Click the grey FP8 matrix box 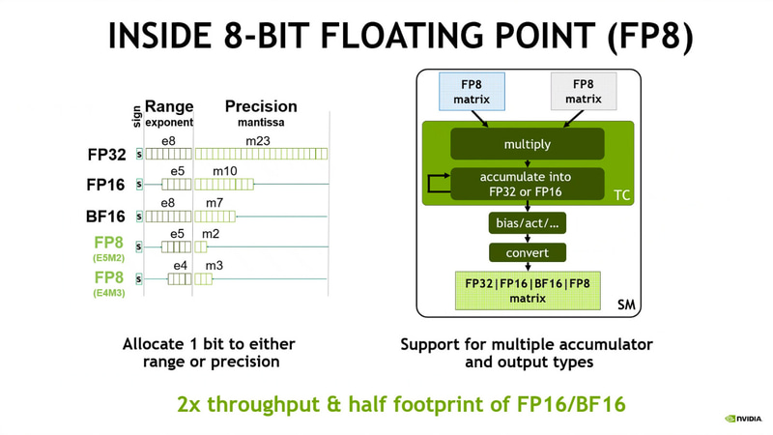(584, 91)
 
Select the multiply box (527, 144)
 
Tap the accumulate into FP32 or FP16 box (527, 184)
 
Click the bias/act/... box (527, 222)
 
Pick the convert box (527, 252)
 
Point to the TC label (622, 195)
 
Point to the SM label (626, 304)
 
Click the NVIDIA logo (743, 419)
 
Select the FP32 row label (106, 154)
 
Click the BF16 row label (106, 217)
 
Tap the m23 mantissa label (257, 141)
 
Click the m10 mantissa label (224, 171)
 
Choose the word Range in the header (169, 106)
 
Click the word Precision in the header (261, 106)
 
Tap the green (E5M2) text (108, 258)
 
